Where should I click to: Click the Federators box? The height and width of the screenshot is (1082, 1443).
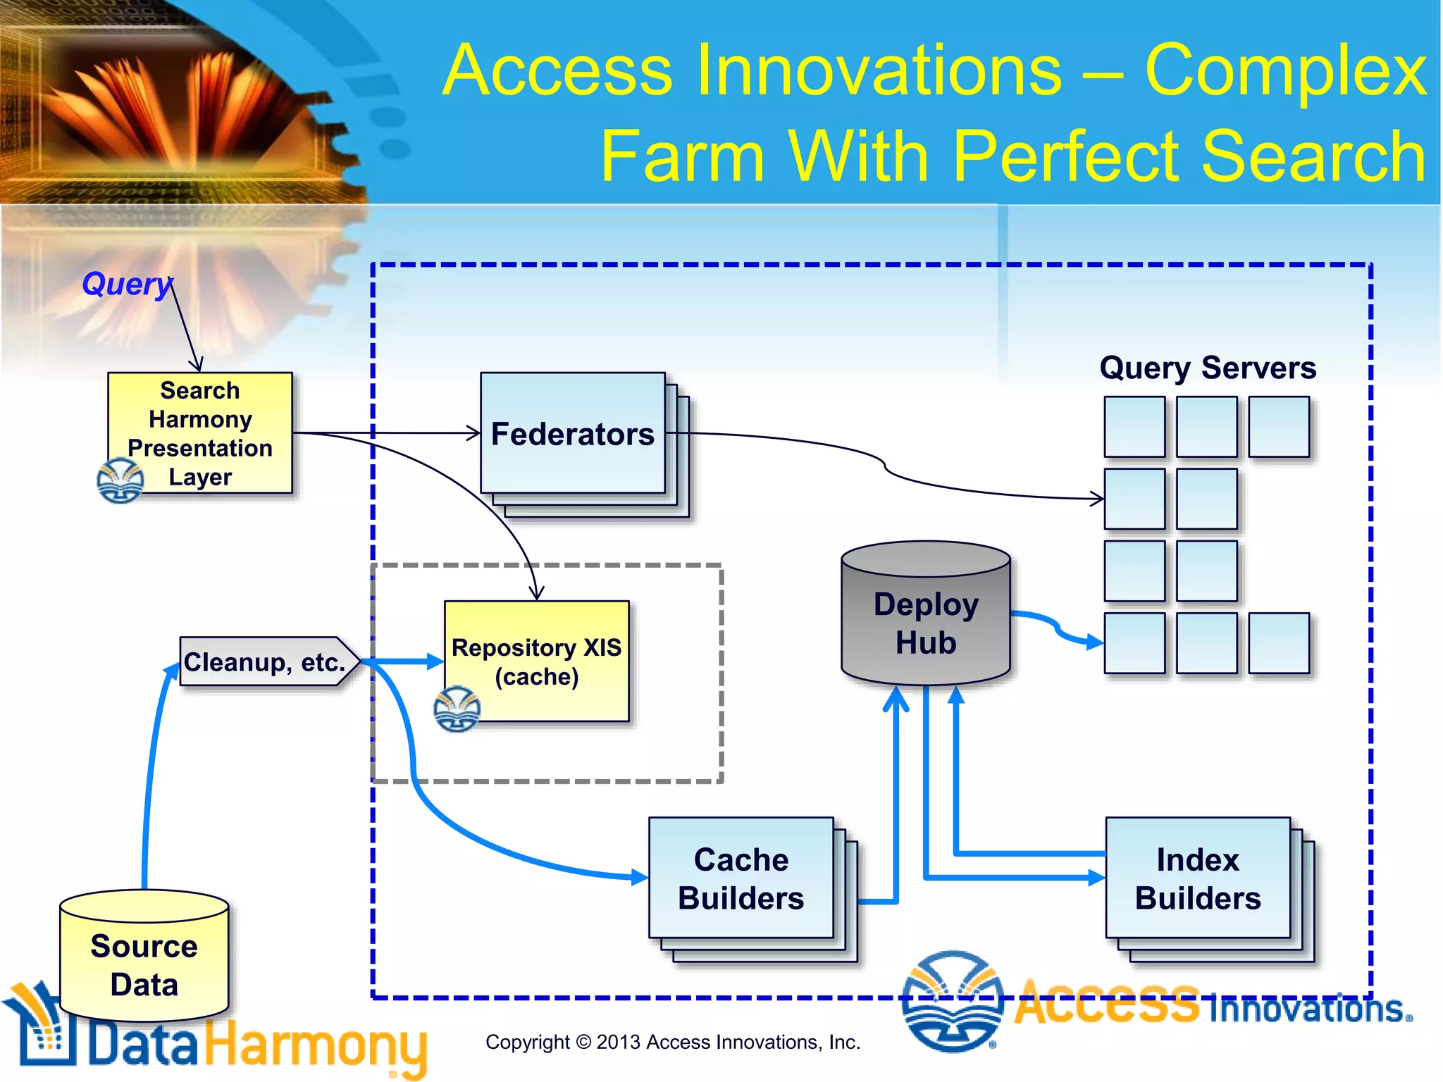[572, 433]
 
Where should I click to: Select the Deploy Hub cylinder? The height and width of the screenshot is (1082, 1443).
[926, 620]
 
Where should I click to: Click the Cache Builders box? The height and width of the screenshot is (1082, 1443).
[741, 878]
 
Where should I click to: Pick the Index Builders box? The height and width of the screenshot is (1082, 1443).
[1198, 878]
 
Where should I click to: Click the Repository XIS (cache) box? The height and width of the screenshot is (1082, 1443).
[537, 661]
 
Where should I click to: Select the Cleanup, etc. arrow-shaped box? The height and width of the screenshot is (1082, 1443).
[265, 661]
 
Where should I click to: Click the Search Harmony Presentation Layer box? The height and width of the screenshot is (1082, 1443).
[200, 433]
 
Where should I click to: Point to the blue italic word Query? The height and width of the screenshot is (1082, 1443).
[126, 284]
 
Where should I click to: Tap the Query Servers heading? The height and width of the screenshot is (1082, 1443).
[1208, 368]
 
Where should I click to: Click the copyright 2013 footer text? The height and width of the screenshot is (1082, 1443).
[673, 1042]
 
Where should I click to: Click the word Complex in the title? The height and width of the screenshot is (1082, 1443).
[1285, 70]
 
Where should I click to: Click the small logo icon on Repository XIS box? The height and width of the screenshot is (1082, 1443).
[457, 709]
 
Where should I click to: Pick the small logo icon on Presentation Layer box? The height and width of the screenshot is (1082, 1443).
[120, 480]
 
